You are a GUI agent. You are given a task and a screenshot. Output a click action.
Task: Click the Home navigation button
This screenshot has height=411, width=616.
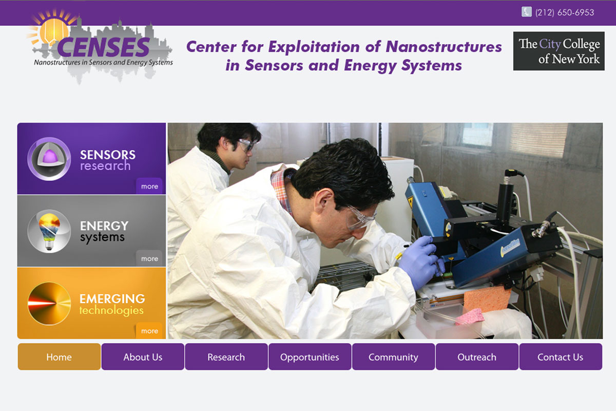click(x=59, y=357)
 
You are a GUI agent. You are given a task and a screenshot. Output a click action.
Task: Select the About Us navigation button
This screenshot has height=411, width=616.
click(x=143, y=357)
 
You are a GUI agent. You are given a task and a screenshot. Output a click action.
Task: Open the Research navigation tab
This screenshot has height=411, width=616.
click(x=226, y=357)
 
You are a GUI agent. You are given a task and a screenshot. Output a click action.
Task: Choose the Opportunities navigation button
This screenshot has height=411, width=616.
click(x=310, y=357)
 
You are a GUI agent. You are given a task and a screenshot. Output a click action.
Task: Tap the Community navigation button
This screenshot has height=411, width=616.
click(x=394, y=357)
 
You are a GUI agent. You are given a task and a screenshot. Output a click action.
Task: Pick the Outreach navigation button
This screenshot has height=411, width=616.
click(x=477, y=357)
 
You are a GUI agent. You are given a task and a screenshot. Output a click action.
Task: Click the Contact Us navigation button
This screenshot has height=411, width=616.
click(x=561, y=357)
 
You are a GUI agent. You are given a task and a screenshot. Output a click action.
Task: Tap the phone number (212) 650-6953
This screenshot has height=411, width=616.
click(x=565, y=12)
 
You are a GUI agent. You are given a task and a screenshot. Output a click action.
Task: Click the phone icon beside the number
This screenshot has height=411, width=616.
click(x=526, y=12)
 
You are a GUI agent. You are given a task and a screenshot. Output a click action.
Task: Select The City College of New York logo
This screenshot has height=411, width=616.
click(x=559, y=51)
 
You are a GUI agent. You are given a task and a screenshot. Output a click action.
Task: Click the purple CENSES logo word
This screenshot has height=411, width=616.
click(x=103, y=47)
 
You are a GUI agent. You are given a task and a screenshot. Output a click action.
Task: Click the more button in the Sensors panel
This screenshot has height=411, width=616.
click(x=149, y=186)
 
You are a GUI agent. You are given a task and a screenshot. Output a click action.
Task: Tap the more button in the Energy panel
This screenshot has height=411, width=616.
click(x=149, y=258)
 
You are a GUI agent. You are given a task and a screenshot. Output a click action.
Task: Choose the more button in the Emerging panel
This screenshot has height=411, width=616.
click(x=149, y=331)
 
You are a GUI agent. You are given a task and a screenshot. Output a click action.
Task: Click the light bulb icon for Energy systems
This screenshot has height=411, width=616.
click(x=49, y=231)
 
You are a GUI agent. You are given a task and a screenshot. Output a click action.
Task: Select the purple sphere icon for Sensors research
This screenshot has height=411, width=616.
click(x=49, y=159)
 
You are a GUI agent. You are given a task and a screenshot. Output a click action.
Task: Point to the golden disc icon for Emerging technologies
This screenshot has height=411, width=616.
click(x=49, y=303)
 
